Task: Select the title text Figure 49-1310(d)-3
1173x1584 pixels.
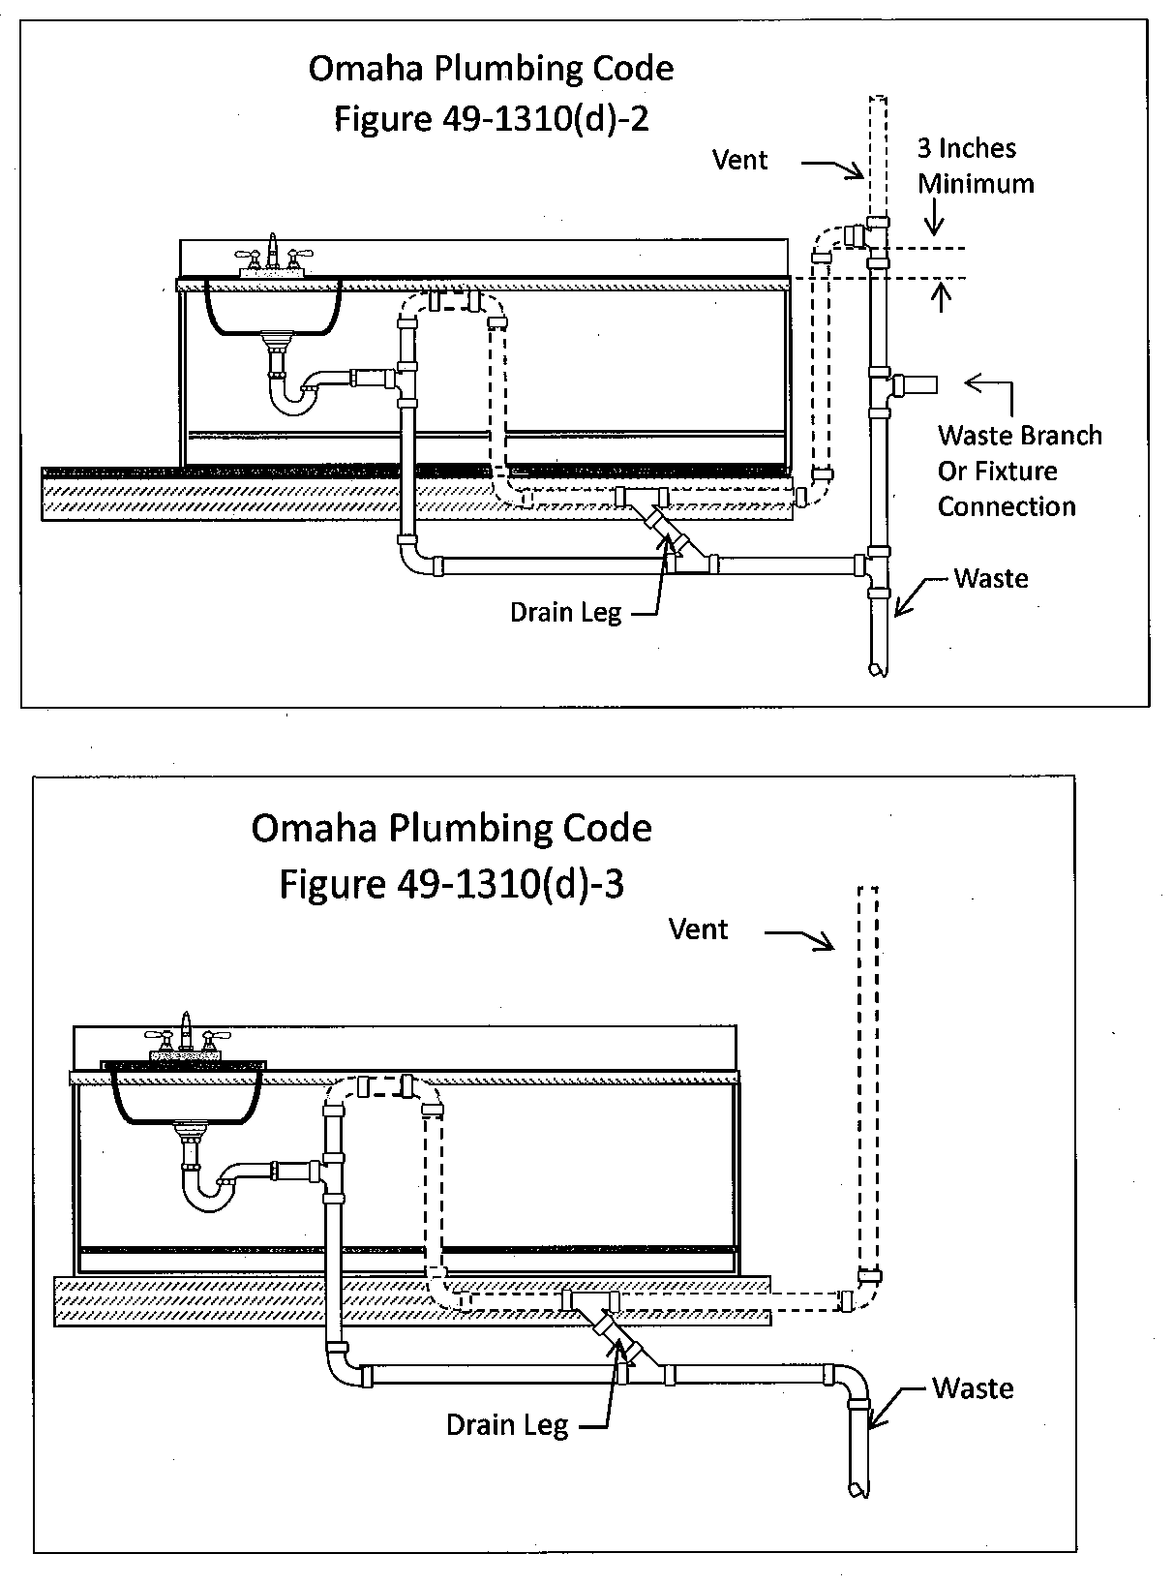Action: (452, 883)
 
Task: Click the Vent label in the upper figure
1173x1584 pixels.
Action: (740, 160)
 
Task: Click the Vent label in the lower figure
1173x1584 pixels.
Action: (698, 929)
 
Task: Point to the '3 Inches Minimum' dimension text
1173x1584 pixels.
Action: (975, 166)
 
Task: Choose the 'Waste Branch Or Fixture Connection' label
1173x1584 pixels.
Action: (1018, 471)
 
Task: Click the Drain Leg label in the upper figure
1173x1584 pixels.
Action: (566, 613)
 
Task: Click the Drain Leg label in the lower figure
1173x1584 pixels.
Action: (507, 1425)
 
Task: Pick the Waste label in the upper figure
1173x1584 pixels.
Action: (990, 579)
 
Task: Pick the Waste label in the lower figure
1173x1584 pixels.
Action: (973, 1388)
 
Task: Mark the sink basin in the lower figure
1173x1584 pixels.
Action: (184, 1098)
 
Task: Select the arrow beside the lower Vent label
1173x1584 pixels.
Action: (801, 937)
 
